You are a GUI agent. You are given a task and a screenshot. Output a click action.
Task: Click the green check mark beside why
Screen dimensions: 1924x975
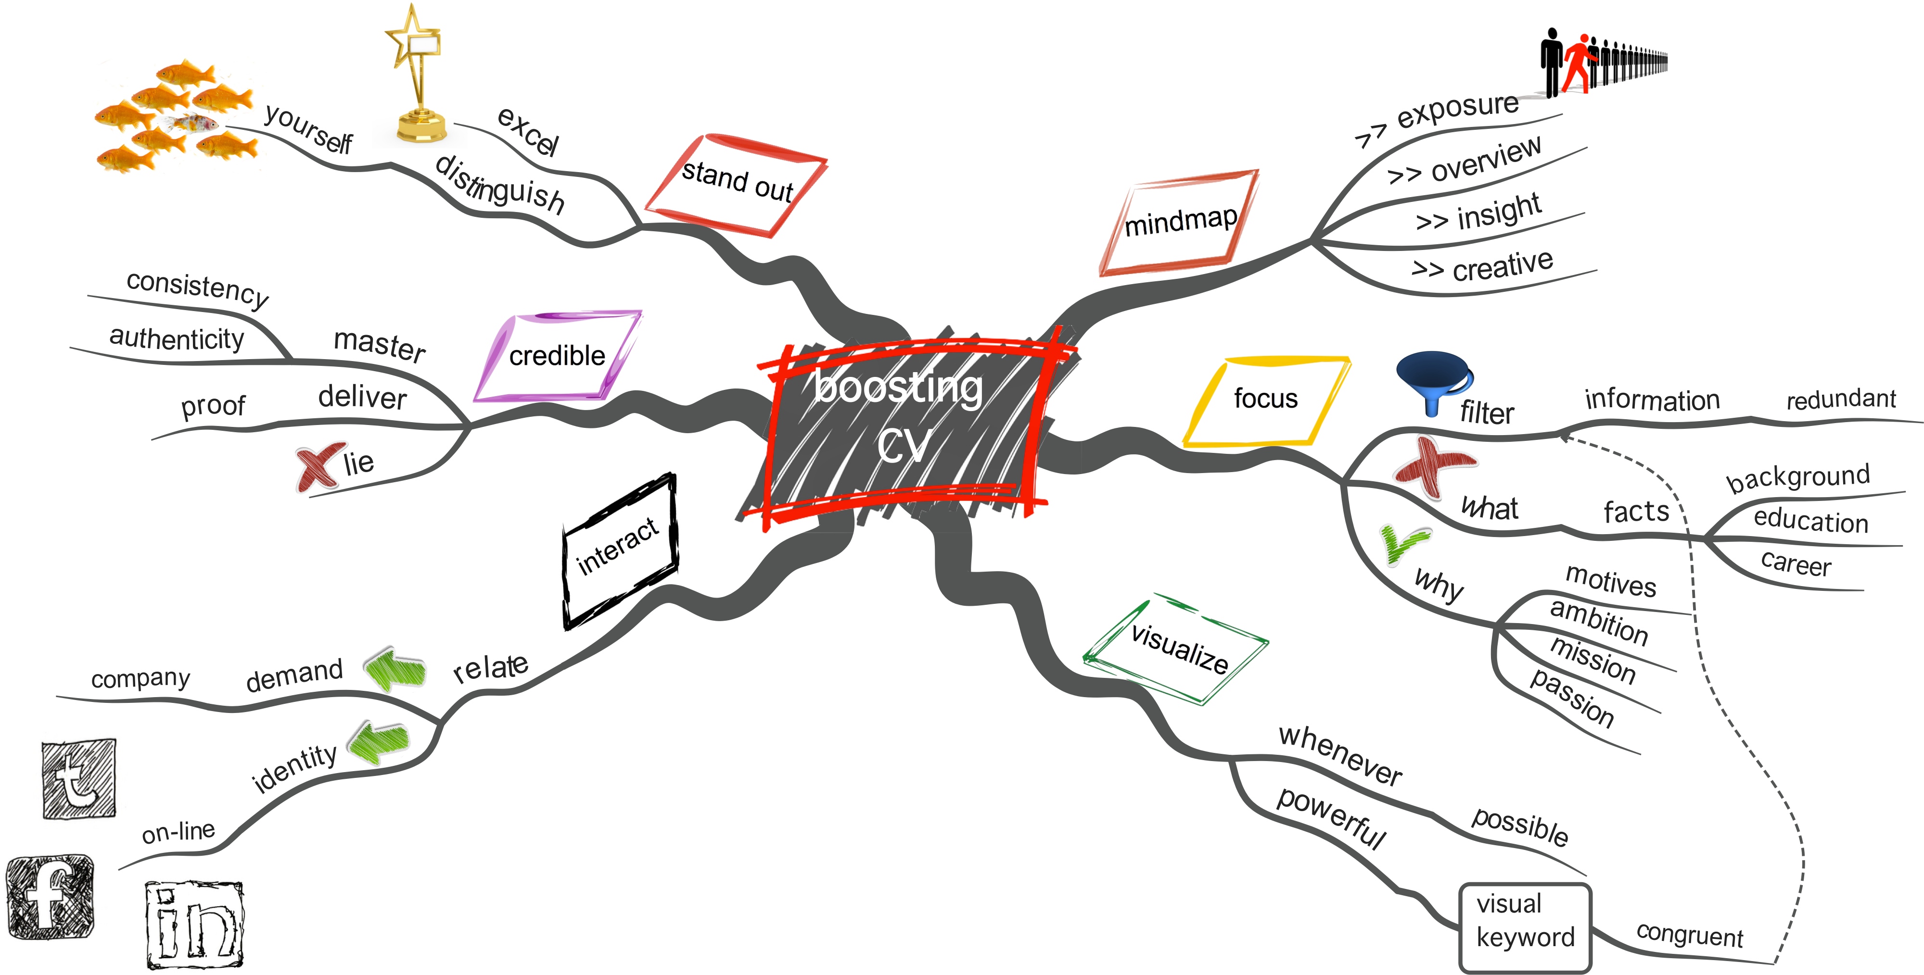coord(1404,543)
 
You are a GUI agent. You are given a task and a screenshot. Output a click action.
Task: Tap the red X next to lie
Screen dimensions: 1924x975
coord(319,467)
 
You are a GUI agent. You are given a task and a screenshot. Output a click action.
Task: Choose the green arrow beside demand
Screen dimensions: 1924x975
coord(395,668)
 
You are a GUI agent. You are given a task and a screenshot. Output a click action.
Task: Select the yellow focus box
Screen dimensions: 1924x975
coord(1266,401)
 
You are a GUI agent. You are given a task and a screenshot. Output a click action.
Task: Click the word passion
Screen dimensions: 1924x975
coord(1571,697)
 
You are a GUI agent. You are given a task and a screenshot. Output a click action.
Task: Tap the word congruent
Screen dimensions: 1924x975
coord(1690,935)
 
